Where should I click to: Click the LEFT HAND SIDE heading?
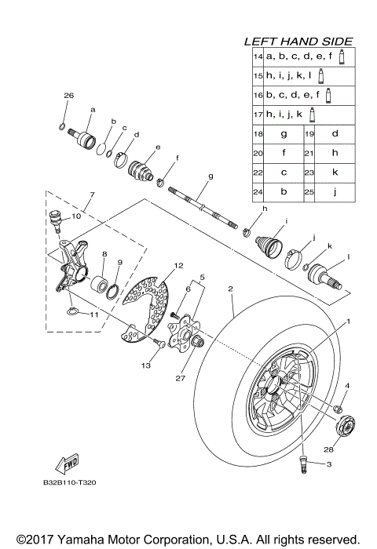coord(298,41)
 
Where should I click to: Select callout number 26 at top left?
coord(68,95)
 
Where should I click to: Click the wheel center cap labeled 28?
coord(345,427)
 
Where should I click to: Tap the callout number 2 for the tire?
coord(230,289)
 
